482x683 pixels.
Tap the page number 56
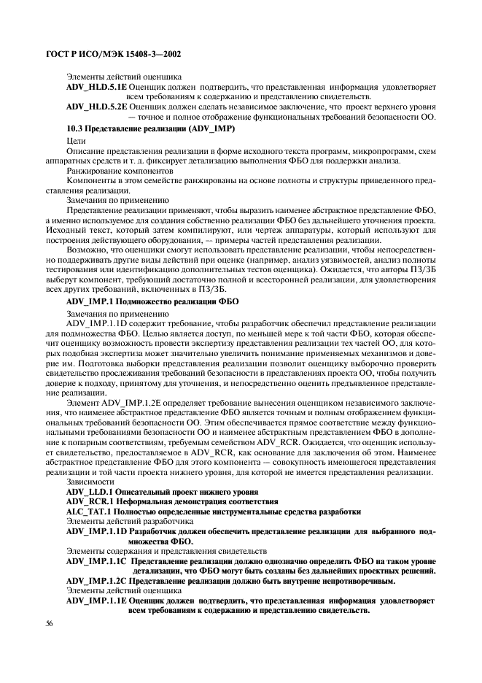pyautogui.click(x=49, y=623)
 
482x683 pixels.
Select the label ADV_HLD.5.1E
pyautogui.click(x=91, y=87)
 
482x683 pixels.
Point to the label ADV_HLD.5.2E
pyautogui.click(x=91, y=106)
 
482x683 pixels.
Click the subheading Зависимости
pyautogui.click(x=90, y=482)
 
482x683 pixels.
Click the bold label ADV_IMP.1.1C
pyautogui.click(x=96, y=561)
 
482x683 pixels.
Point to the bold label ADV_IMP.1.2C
pyautogui.click(x=96, y=581)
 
